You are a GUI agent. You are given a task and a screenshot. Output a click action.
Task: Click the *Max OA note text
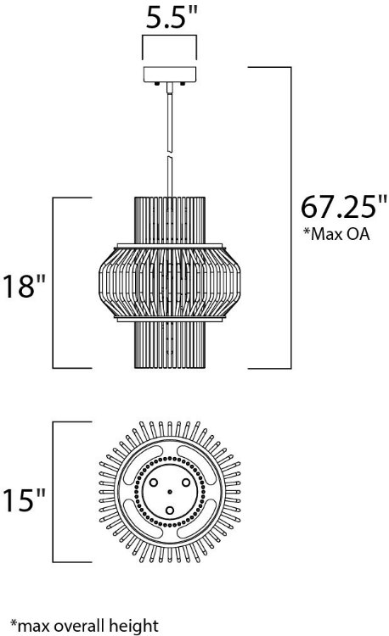click(336, 235)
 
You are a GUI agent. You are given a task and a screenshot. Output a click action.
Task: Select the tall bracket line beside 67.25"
click(291, 216)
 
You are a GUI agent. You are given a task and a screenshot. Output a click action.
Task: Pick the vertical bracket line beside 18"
click(54, 282)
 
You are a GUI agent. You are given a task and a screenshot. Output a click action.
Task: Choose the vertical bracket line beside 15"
click(54, 493)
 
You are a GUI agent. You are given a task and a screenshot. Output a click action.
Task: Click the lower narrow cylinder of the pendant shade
click(170, 348)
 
